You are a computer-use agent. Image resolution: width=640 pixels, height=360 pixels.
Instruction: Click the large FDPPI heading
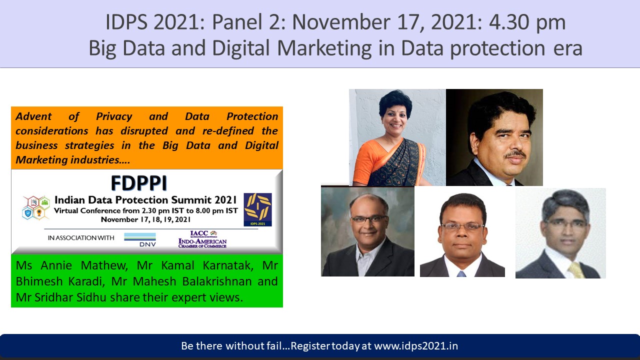139,183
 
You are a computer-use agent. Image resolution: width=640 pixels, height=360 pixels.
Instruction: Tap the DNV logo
140,239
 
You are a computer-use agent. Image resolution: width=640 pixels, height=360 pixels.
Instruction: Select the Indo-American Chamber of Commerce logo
202,239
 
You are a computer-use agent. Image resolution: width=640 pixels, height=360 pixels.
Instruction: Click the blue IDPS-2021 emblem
257,209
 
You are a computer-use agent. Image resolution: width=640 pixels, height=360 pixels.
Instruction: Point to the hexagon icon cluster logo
35,207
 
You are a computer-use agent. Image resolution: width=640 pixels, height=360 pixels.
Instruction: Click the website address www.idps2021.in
416,346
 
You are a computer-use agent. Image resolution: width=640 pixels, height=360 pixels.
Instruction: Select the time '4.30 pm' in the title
527,22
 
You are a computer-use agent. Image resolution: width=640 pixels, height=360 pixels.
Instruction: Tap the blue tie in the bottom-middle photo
461,274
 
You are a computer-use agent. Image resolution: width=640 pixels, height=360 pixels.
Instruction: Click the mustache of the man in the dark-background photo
515,154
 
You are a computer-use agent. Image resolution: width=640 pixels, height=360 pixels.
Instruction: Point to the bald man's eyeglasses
369,219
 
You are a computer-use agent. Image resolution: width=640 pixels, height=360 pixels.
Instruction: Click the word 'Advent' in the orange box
33,116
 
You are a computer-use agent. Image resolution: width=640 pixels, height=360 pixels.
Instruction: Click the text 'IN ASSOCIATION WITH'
81,237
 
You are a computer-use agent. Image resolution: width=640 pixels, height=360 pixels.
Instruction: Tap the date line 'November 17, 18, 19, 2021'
145,219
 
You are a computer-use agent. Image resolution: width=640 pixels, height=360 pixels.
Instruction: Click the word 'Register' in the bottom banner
310,346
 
